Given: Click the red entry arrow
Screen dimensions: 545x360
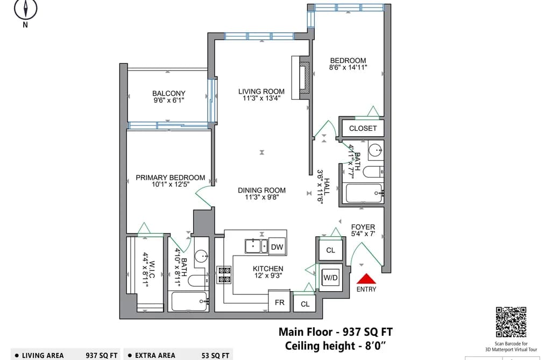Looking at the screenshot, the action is tap(366, 279).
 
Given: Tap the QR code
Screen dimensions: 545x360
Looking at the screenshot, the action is tap(511, 322).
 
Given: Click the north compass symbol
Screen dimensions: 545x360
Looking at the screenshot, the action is tap(25, 9).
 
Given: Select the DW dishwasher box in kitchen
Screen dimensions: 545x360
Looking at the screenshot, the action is tap(277, 246).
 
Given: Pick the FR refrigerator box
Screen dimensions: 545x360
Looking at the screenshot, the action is tap(279, 302).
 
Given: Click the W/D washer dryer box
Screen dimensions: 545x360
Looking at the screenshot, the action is tap(330, 278).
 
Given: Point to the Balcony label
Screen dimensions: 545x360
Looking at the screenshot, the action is tap(168, 93).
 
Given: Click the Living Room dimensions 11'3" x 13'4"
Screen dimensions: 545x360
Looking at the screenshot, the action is tap(261, 98).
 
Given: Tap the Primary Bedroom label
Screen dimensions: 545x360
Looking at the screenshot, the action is tap(171, 178).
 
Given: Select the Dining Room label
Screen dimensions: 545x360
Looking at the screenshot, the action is tap(261, 190).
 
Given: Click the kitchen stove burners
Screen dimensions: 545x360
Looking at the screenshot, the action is tap(224, 274).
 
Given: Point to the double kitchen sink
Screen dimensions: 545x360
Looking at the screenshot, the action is tap(256, 246).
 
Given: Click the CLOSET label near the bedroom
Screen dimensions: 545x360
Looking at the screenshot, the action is tap(363, 128).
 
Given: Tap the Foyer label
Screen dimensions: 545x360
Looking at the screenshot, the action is tap(363, 227).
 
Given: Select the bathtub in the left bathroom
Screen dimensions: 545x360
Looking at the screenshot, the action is tap(190, 301).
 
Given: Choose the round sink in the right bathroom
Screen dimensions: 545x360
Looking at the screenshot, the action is tap(376, 151).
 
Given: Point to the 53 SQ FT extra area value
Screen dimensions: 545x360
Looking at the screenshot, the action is tap(216, 356).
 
